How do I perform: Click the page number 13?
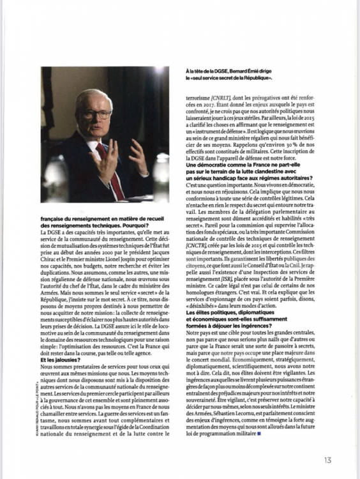coord(327,459)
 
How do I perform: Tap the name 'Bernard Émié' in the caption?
coord(246,72)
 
